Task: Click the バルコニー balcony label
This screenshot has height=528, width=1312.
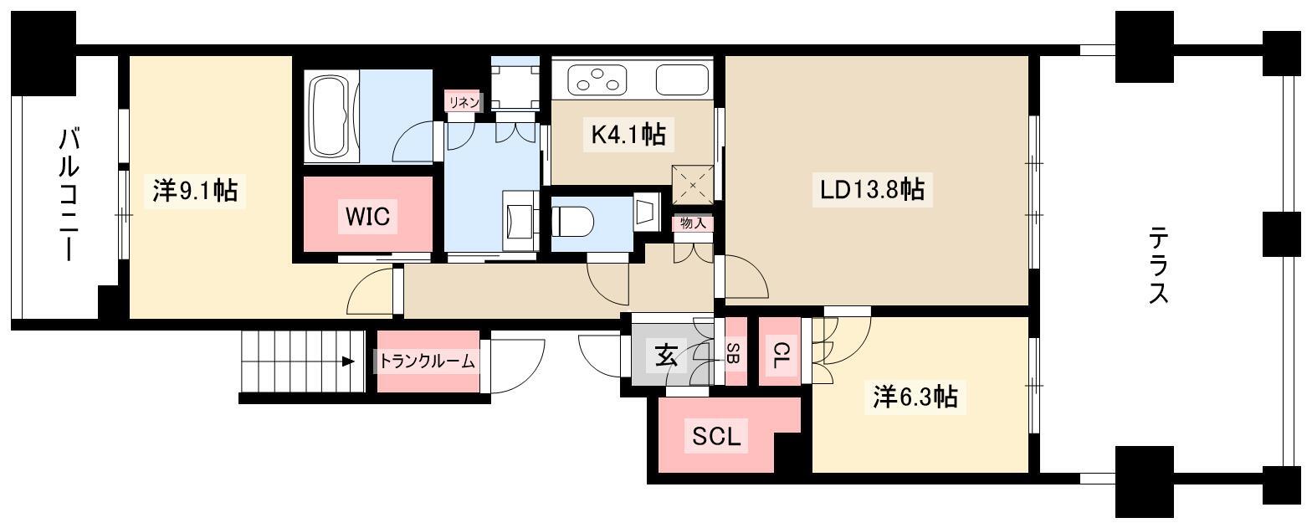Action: [69, 195]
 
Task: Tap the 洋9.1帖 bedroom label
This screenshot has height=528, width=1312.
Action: [196, 191]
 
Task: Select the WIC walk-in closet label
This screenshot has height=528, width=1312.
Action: [368, 216]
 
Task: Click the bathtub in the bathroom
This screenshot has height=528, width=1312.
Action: [331, 116]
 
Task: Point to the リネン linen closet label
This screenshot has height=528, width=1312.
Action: [464, 102]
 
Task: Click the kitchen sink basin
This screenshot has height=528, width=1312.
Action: [683, 79]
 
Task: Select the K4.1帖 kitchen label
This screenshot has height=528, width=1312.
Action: [628, 135]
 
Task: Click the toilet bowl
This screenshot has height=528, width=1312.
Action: [573, 223]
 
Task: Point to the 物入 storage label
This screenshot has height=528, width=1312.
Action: [693, 223]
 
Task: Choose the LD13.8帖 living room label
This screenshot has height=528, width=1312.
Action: [872, 190]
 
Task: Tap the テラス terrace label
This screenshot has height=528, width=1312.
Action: [1158, 265]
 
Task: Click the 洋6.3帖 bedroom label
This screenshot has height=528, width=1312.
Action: [915, 397]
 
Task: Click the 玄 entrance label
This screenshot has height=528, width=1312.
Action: [667, 356]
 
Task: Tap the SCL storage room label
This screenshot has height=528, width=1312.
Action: [716, 436]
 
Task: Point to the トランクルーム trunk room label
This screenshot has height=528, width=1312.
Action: [427, 361]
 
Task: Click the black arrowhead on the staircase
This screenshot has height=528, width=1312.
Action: [348, 361]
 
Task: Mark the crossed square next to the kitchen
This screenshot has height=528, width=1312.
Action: [693, 185]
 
